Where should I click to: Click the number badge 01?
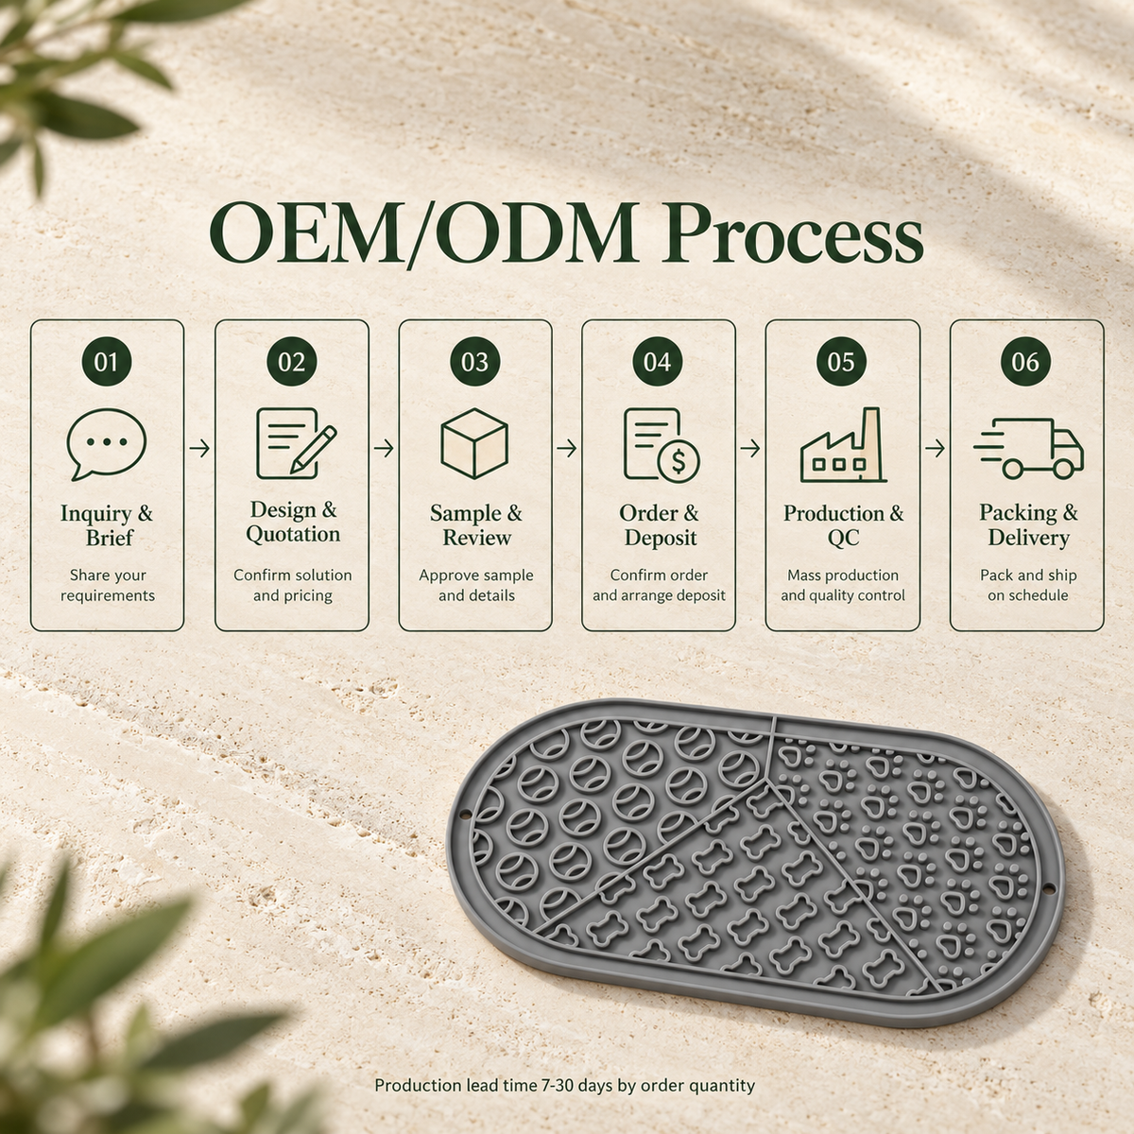(x=107, y=361)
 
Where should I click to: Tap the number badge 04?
(x=658, y=361)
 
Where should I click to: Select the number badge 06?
(x=1025, y=361)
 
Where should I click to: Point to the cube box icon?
(x=474, y=444)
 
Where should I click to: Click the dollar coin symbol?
(x=679, y=461)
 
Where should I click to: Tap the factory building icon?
(x=843, y=445)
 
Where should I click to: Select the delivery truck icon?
(x=1028, y=449)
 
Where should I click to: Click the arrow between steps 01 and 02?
(x=199, y=449)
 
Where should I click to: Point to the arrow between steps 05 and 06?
(x=936, y=449)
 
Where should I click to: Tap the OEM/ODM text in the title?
(x=422, y=234)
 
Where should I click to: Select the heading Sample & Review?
(x=475, y=524)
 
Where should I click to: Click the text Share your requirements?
(x=108, y=585)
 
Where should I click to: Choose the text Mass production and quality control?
(x=843, y=585)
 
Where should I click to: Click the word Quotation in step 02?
(x=293, y=534)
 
